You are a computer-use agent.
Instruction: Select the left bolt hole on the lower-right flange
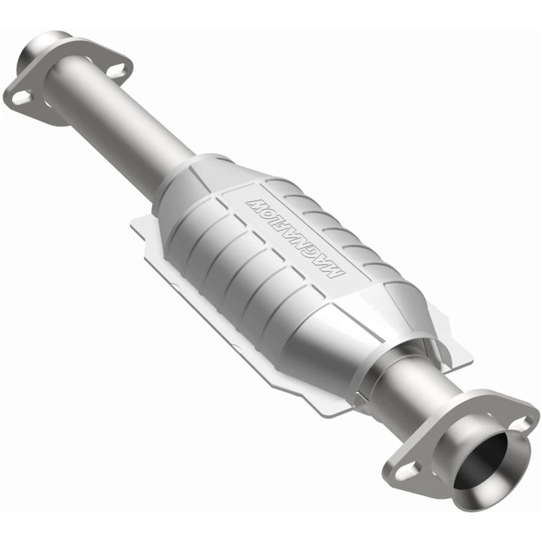click(x=407, y=470)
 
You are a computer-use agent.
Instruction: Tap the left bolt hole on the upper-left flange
click(x=20, y=97)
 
